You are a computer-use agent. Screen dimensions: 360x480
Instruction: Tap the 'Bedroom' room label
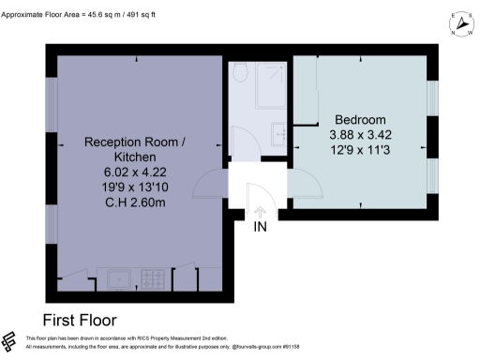360,120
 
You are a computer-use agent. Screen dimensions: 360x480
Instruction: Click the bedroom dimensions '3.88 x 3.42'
360,135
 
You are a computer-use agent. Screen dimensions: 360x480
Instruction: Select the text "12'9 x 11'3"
360,150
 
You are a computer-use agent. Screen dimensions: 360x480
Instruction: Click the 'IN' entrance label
260,226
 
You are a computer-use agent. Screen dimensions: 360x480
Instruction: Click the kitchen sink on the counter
120,277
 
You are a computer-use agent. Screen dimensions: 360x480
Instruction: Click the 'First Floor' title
89,318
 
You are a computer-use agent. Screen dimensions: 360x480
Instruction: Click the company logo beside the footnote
11,341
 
